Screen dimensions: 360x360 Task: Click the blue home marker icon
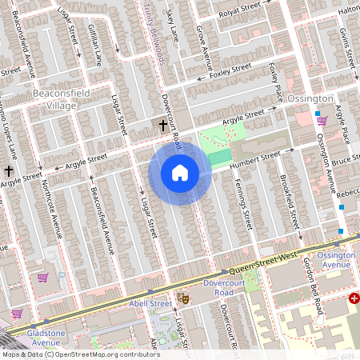point(180,173)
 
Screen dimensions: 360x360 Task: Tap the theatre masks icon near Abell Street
point(182,297)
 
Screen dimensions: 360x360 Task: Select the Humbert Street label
point(254,159)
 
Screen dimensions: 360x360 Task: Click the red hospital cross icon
point(354,298)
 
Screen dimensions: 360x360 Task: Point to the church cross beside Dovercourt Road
point(163,126)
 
